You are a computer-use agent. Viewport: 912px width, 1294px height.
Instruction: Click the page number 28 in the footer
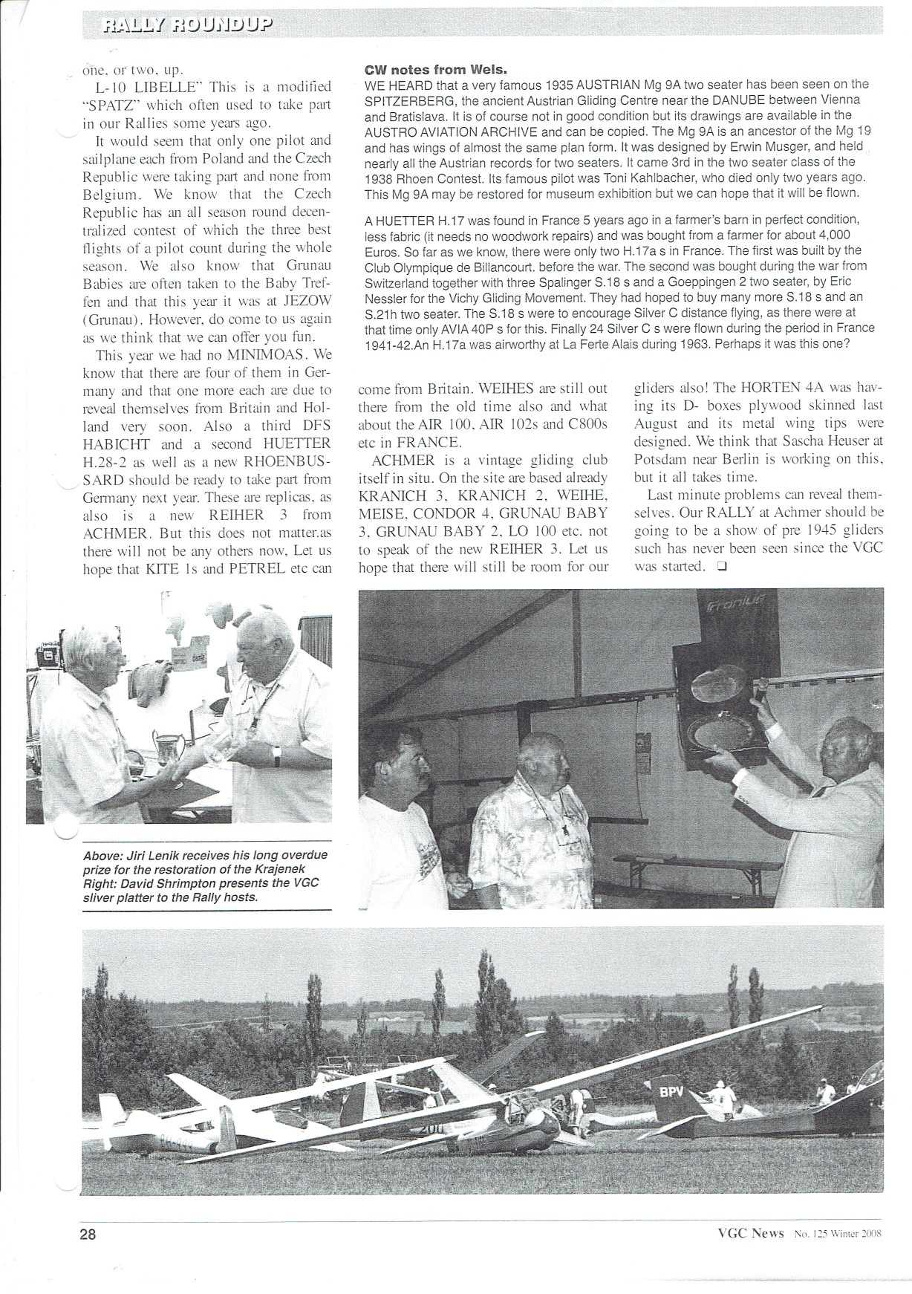[x=88, y=1234]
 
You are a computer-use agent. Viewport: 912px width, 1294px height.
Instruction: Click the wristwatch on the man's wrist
[x=276, y=755]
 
